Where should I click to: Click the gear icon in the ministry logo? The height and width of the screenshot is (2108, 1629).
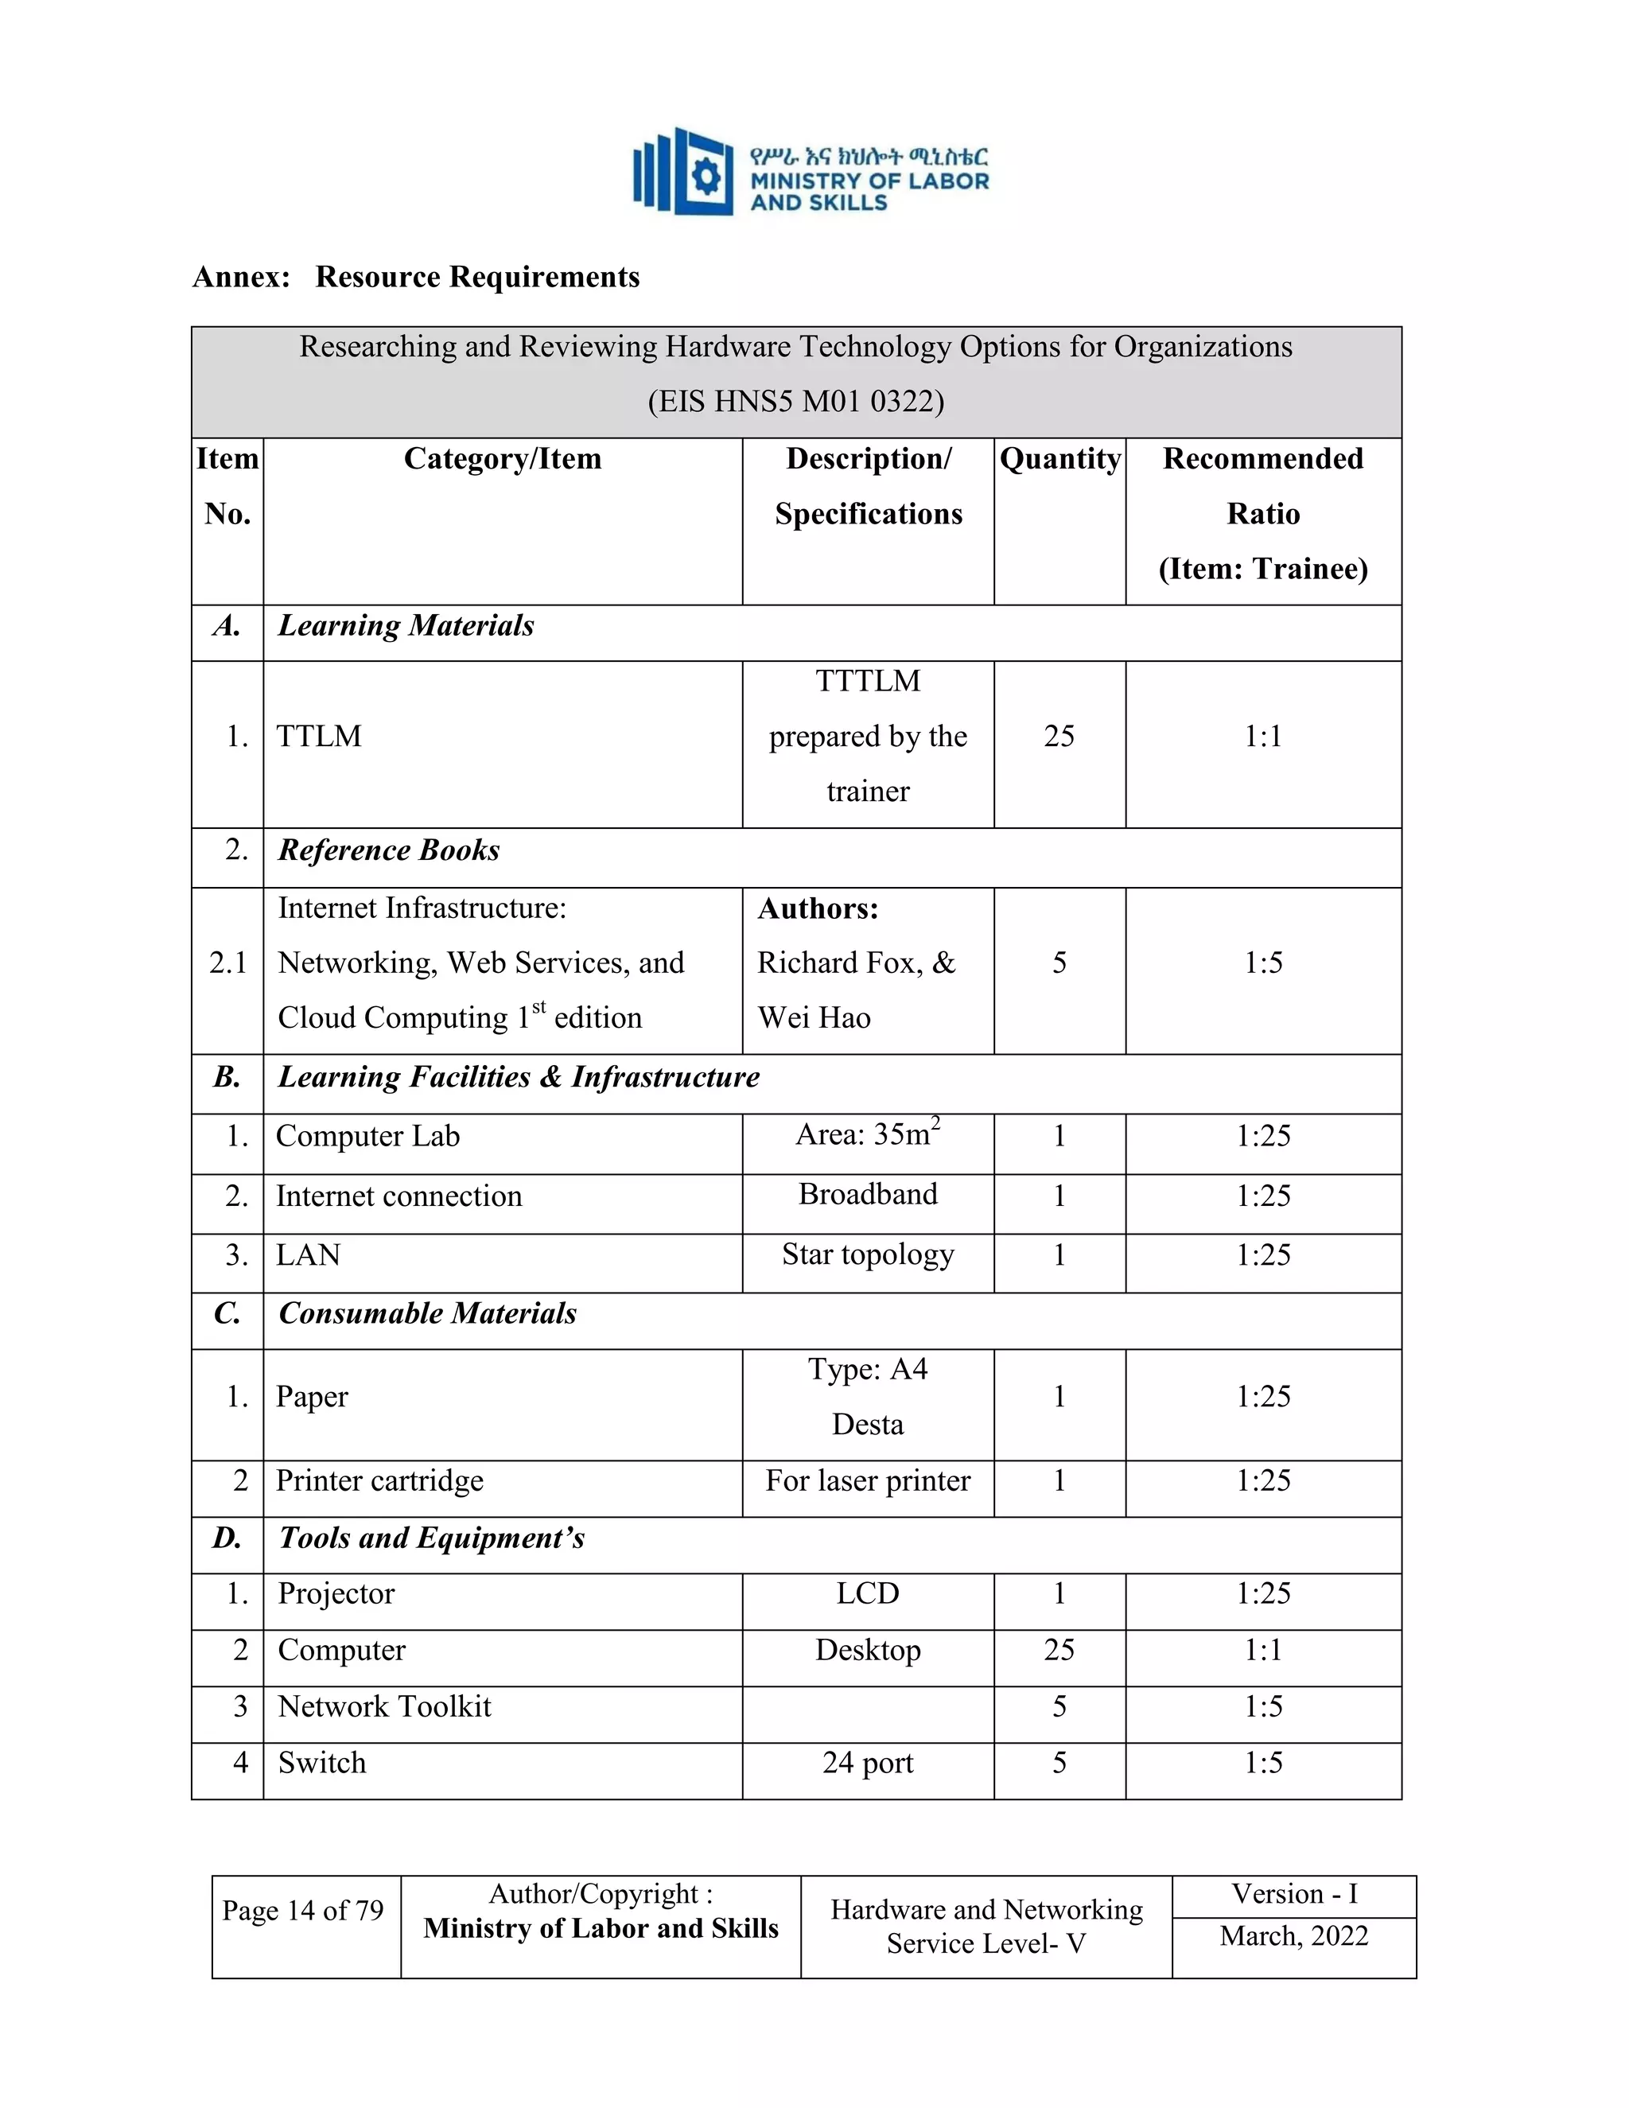(x=707, y=177)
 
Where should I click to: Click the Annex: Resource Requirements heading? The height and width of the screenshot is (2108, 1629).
(x=416, y=277)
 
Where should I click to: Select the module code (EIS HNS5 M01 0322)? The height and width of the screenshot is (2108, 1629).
(x=795, y=401)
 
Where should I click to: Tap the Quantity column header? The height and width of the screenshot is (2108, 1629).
(x=1059, y=458)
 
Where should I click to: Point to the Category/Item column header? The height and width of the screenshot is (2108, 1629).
(x=502, y=458)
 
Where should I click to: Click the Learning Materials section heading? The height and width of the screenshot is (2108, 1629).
(x=406, y=625)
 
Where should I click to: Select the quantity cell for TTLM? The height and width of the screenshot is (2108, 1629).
(x=1059, y=737)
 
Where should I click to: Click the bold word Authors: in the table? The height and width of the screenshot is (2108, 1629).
(x=818, y=908)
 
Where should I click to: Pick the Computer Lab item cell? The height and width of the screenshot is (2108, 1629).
(x=367, y=1136)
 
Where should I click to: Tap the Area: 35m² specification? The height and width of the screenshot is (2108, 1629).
(x=867, y=1134)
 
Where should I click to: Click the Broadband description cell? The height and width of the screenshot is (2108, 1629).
(x=867, y=1195)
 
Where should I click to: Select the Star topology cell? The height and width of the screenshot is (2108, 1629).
(x=867, y=1254)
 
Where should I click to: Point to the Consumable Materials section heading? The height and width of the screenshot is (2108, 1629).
(x=426, y=1313)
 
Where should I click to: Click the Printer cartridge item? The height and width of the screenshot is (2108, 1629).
(x=379, y=1480)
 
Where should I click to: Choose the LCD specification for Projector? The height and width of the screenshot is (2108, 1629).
(x=867, y=1593)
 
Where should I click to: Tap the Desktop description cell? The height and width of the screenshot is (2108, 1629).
(x=867, y=1651)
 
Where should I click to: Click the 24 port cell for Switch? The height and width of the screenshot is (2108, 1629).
(x=867, y=1764)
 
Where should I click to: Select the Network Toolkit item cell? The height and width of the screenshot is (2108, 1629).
(x=384, y=1706)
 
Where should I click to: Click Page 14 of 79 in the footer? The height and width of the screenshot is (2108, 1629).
(x=303, y=1910)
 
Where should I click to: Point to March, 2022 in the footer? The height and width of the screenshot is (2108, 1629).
(x=1293, y=1936)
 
